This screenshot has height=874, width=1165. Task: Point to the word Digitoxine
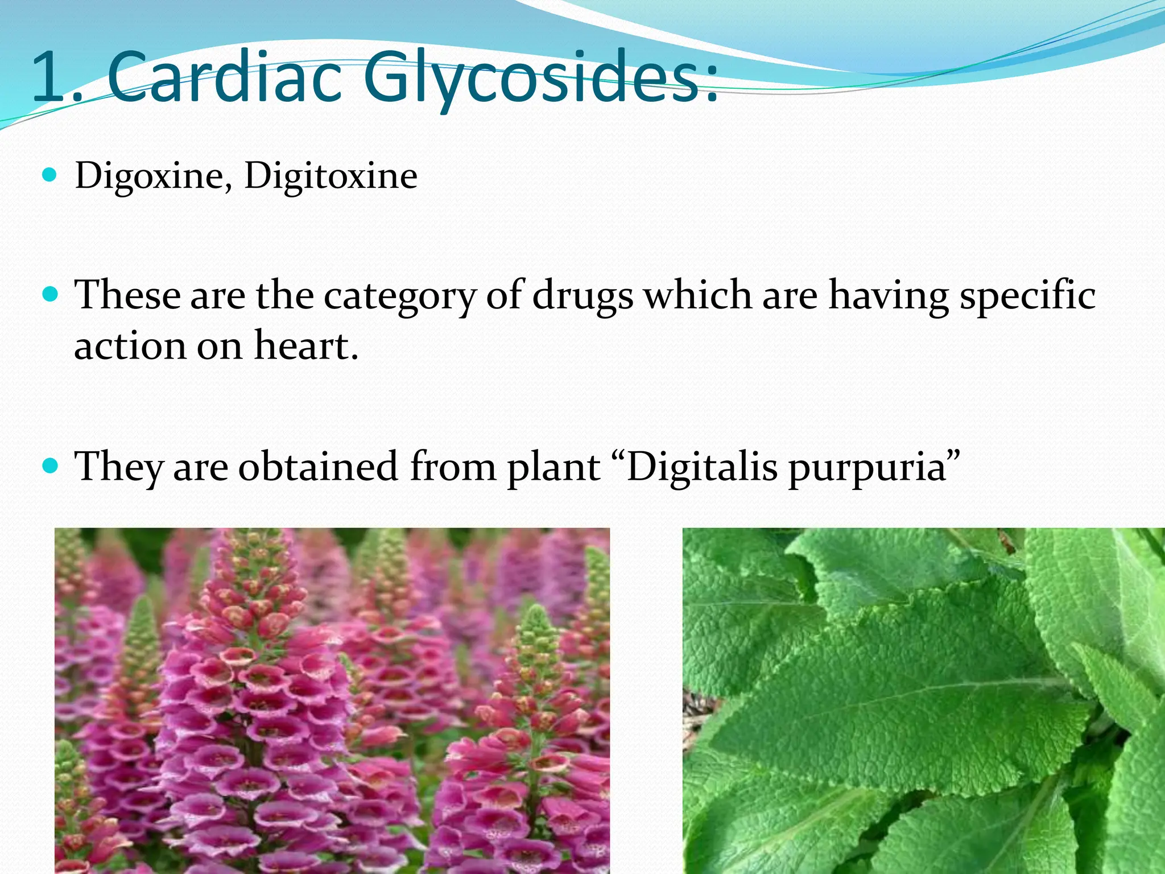tap(331, 175)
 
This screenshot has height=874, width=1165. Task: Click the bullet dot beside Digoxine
tap(50, 174)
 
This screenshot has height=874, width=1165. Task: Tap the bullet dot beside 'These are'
tap(50, 294)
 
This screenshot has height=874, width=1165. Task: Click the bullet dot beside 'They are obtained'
tap(50, 466)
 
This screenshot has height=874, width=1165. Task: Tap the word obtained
tap(318, 467)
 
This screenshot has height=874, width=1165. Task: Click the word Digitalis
tap(701, 467)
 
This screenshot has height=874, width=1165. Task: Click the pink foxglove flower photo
tap(332, 700)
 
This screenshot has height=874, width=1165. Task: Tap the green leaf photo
tap(923, 700)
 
